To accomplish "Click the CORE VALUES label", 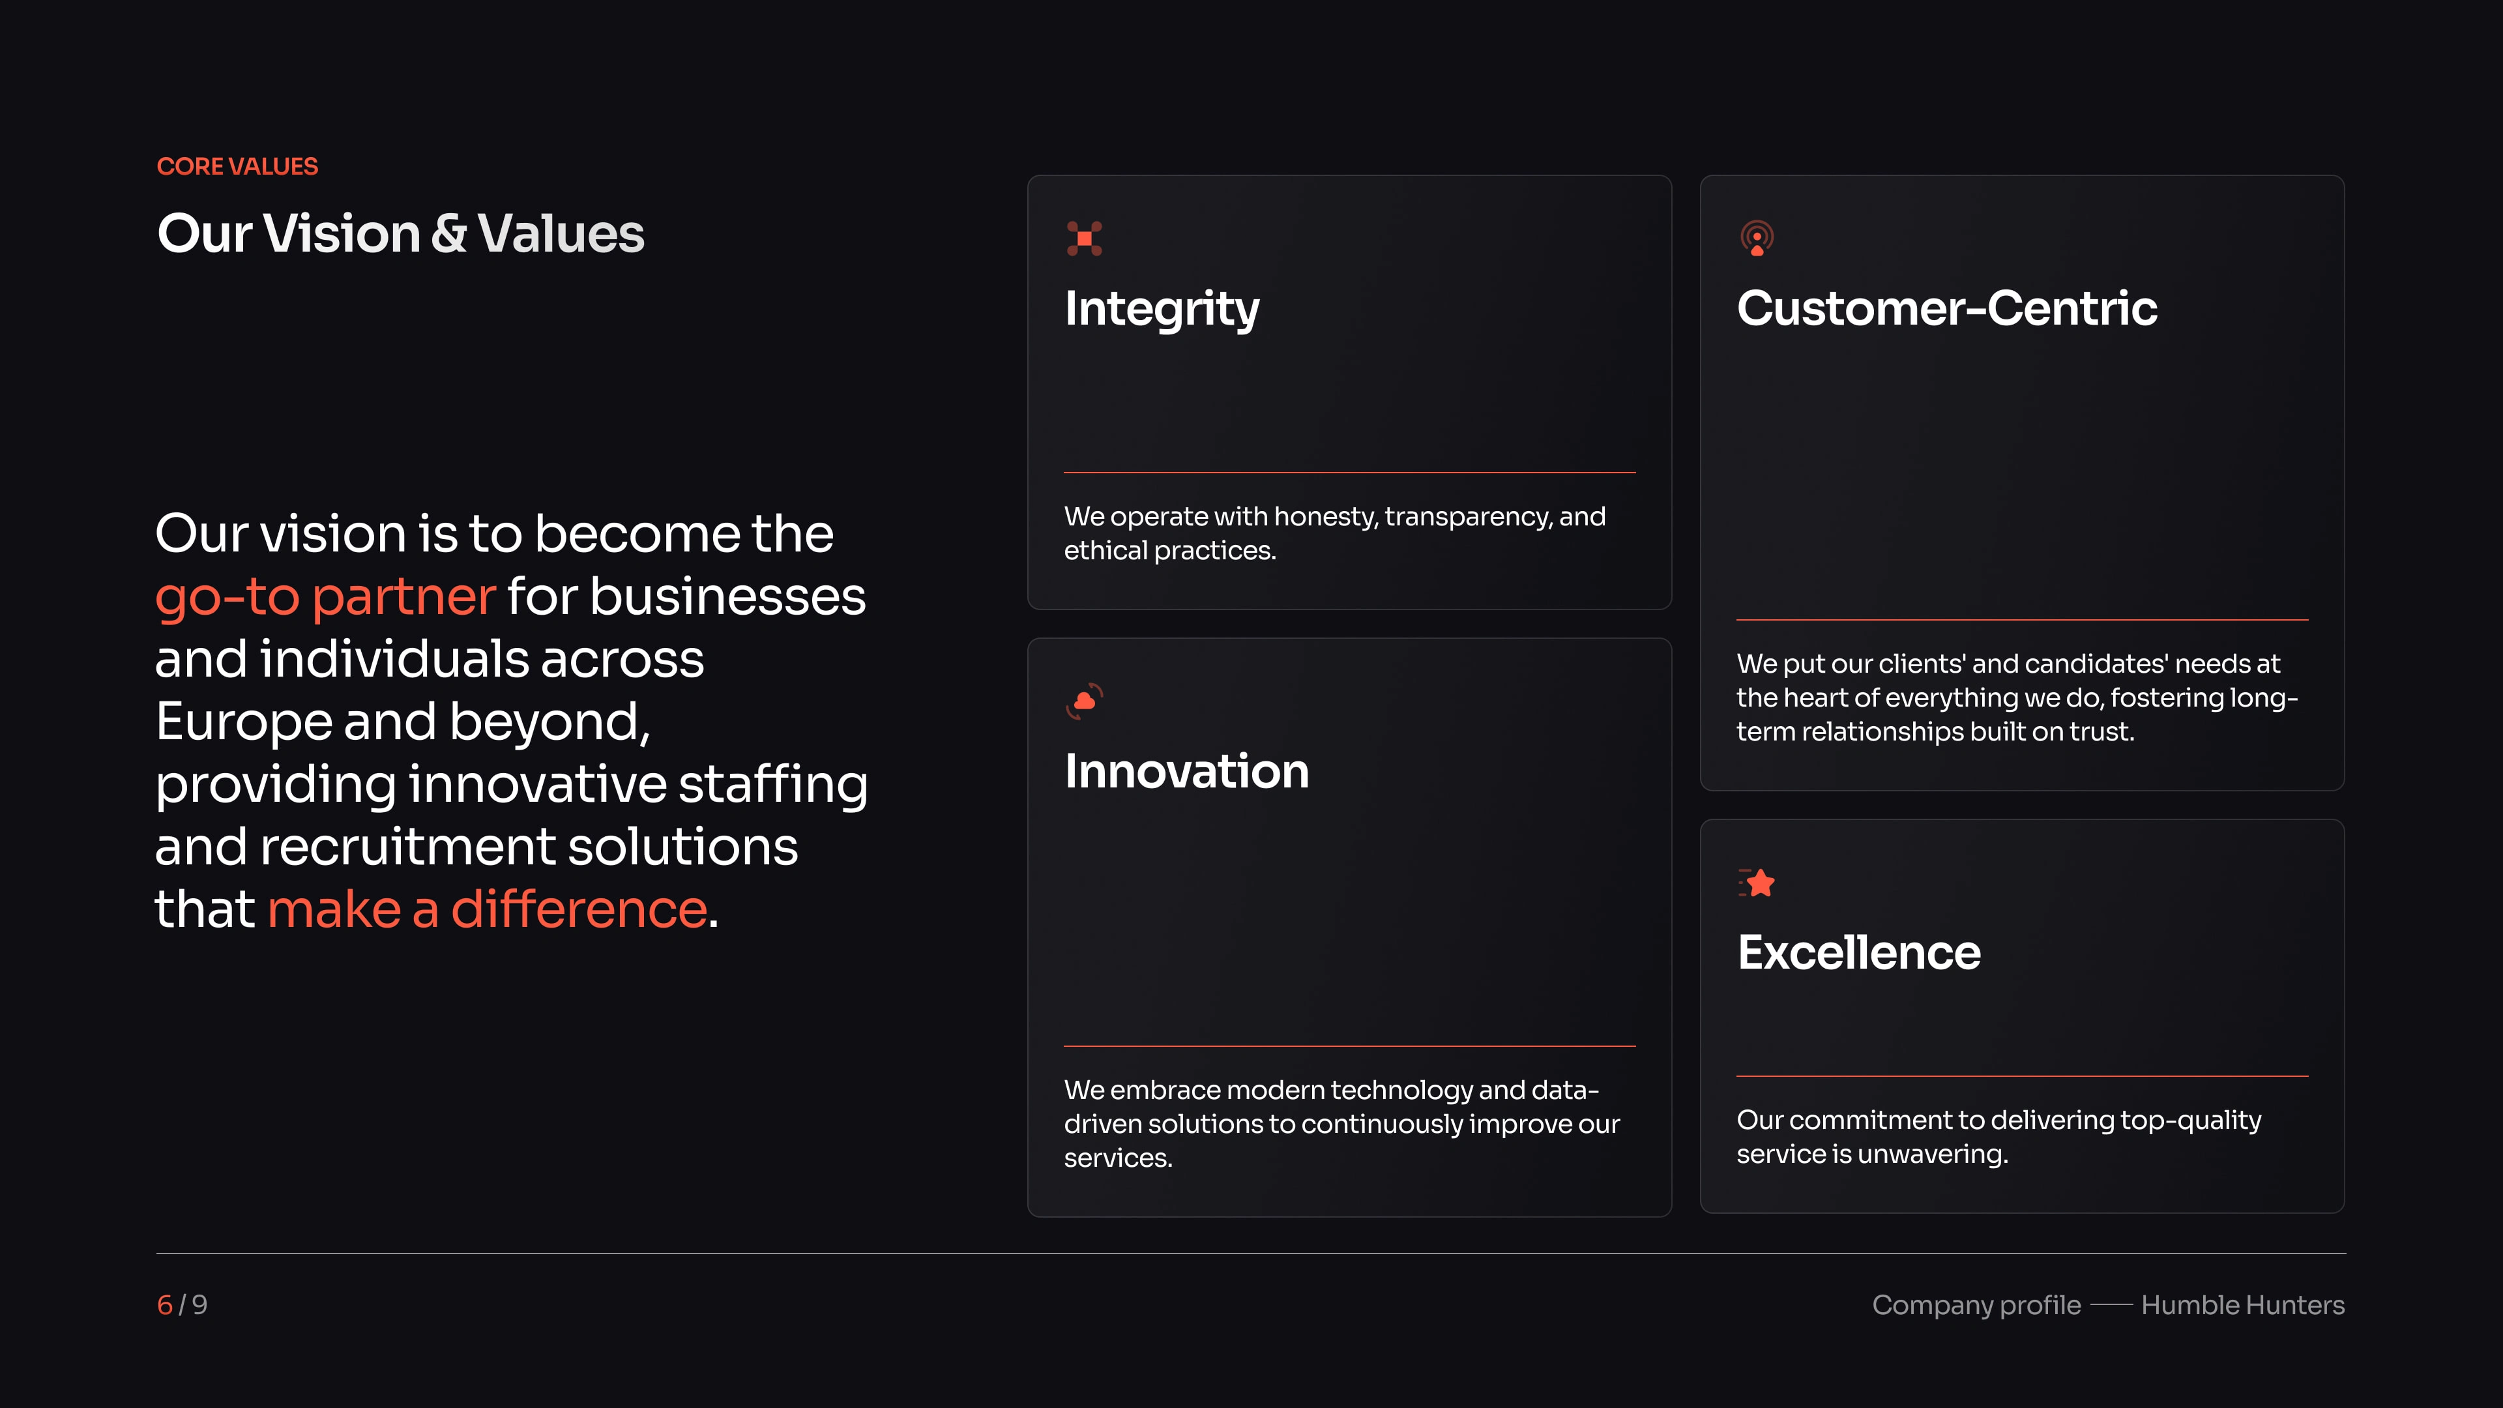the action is [x=237, y=166].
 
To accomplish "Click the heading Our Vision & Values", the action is [x=400, y=233].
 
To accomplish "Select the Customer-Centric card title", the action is [x=1947, y=308].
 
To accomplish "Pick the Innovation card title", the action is [x=1186, y=772].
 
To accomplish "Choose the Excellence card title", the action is [x=1859, y=952].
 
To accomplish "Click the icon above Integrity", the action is [x=1085, y=238].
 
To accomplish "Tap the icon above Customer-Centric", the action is [x=1757, y=238].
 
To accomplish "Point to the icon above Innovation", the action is [x=1085, y=701].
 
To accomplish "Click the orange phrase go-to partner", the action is [x=325, y=596].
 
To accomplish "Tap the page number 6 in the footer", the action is [x=165, y=1305].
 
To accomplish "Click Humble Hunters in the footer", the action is [x=2242, y=1305].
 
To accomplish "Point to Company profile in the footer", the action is [x=1976, y=1305].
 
